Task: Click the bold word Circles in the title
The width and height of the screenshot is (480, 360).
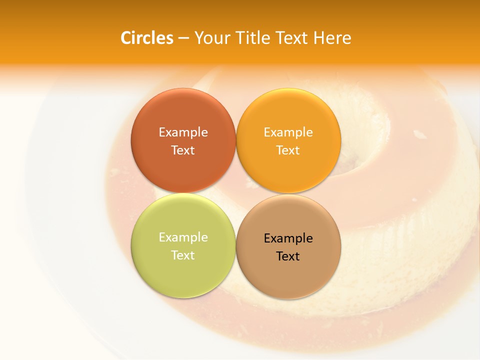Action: point(146,38)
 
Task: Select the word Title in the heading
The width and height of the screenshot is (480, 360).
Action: point(254,38)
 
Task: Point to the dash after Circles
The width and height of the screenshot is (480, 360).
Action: point(183,38)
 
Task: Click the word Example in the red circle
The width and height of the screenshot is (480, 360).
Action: point(183,132)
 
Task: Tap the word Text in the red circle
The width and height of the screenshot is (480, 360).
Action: point(183,150)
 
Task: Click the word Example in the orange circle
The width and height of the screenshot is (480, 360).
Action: point(288,132)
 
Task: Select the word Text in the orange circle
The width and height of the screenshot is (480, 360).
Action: point(288,150)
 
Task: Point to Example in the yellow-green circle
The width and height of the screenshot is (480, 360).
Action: point(183,237)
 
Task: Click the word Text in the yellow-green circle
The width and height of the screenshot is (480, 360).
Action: point(183,255)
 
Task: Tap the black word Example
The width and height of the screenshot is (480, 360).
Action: point(288,238)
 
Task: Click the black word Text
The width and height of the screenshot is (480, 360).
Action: point(288,256)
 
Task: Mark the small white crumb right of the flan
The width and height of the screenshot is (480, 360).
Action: point(419,133)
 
